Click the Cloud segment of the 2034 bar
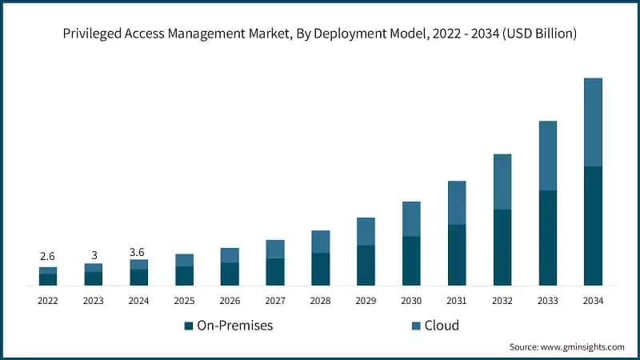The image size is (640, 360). click(x=593, y=122)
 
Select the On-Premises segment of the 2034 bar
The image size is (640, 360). click(x=593, y=226)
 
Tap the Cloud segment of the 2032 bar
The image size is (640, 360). click(x=502, y=182)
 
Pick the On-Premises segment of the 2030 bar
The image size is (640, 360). click(x=411, y=261)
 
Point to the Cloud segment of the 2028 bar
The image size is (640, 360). click(x=320, y=242)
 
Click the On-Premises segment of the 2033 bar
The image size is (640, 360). click(x=547, y=238)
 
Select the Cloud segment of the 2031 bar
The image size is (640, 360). click(x=457, y=202)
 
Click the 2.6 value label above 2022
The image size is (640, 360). click(x=47, y=256)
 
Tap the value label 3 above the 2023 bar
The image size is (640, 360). click(x=93, y=254)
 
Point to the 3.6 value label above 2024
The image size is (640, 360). click(x=138, y=251)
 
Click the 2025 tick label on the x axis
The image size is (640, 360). click(x=184, y=300)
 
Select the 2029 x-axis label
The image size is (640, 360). click(x=366, y=300)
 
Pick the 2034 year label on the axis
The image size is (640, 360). click(x=593, y=300)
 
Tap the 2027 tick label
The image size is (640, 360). click(x=275, y=300)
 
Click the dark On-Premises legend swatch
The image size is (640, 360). click(x=188, y=326)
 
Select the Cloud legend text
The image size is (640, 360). click(x=442, y=326)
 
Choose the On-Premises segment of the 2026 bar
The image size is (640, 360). click(x=230, y=274)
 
